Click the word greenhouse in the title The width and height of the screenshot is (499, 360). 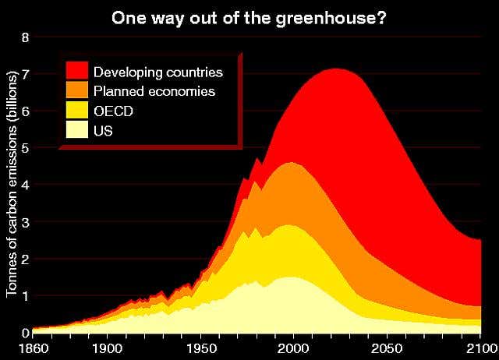point(334,16)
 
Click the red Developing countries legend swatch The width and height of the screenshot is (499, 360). point(77,72)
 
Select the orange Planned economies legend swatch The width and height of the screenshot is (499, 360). point(77,91)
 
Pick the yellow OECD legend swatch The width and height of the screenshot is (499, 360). point(77,111)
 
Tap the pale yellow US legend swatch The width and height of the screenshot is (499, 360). point(77,131)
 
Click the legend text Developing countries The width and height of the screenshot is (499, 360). point(158,72)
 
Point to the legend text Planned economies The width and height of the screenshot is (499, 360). point(154,92)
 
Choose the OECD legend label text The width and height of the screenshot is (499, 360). point(113,111)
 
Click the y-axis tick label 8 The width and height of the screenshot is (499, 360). point(24,37)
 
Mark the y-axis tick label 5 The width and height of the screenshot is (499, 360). point(24,148)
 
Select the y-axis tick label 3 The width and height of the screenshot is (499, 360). point(24,222)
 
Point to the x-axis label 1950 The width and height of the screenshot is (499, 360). point(201,348)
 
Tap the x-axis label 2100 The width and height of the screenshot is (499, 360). point(479,348)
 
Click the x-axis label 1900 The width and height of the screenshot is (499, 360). point(108,348)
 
